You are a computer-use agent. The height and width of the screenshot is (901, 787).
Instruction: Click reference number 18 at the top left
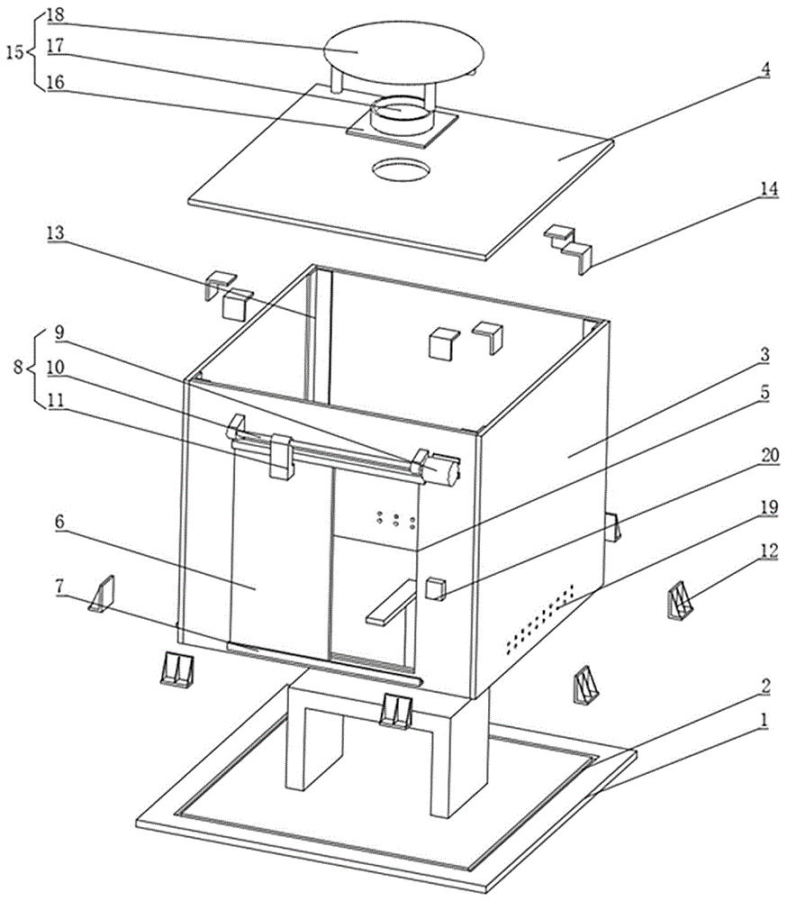click(x=55, y=14)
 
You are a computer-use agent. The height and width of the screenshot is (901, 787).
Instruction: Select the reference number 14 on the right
click(x=769, y=189)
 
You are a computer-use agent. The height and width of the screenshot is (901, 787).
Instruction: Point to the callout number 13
click(x=55, y=233)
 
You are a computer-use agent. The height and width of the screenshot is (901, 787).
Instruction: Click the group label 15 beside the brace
click(x=15, y=52)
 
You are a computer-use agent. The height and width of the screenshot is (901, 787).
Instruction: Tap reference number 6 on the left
click(x=59, y=523)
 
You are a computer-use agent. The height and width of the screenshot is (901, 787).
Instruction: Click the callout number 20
click(x=770, y=456)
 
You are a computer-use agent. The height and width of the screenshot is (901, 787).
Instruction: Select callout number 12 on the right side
click(x=769, y=551)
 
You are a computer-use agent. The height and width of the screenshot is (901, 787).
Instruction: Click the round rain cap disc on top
click(x=403, y=51)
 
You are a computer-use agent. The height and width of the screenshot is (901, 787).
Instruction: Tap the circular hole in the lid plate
click(x=401, y=170)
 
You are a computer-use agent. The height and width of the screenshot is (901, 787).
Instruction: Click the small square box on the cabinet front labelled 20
click(x=436, y=589)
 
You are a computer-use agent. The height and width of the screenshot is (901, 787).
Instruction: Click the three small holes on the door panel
click(x=396, y=520)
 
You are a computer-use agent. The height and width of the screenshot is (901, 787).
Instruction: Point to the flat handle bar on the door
click(x=391, y=602)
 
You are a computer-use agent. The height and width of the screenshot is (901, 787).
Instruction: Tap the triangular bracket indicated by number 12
click(x=680, y=600)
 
